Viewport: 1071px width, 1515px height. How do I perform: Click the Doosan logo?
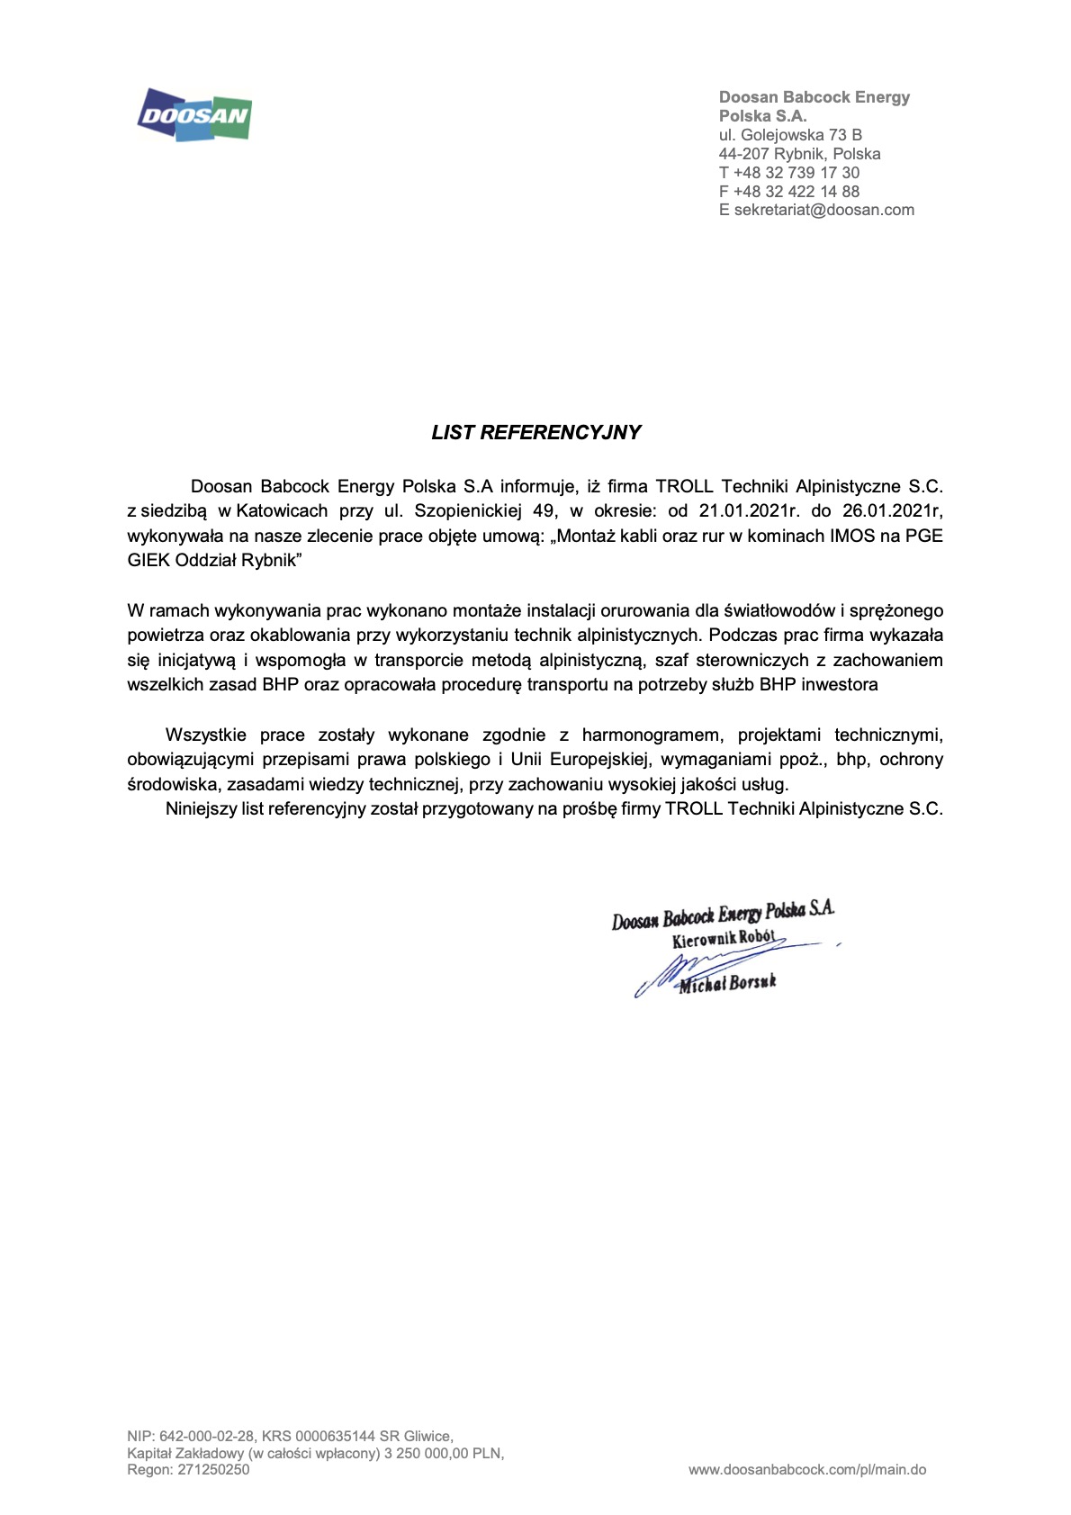[194, 114]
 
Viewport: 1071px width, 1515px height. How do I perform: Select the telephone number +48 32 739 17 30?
[796, 172]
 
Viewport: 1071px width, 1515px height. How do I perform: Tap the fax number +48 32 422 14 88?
[796, 191]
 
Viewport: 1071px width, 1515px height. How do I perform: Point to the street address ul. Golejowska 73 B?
[790, 134]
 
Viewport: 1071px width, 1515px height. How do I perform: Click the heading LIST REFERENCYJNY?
[535, 432]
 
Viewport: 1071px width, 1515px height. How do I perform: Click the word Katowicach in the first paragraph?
[283, 511]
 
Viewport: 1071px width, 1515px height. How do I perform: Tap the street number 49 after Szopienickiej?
[545, 511]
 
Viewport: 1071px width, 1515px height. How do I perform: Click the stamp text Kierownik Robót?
[723, 939]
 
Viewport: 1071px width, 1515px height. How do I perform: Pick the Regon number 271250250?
[214, 1470]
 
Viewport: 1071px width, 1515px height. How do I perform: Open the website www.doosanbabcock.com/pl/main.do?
[807, 1470]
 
